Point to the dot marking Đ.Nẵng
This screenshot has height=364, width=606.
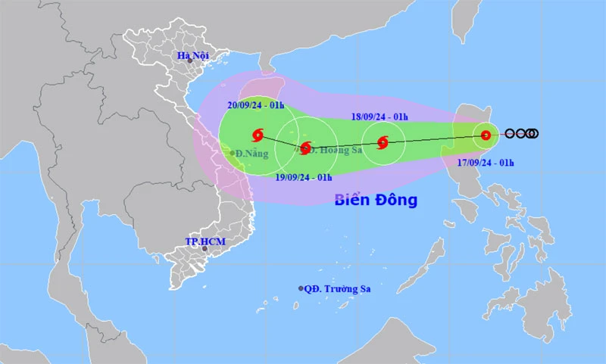click(233, 153)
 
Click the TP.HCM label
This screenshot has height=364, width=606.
click(205, 241)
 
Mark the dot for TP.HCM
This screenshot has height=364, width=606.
click(205, 248)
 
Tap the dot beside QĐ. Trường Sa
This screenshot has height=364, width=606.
click(301, 288)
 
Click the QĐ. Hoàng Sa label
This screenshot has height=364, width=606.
click(333, 150)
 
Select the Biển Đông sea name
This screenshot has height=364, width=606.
click(376, 201)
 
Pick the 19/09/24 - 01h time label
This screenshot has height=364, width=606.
click(304, 176)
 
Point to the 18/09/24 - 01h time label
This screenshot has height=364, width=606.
click(380, 117)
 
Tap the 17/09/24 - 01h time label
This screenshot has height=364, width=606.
click(486, 162)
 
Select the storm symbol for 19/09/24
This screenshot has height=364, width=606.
click(305, 148)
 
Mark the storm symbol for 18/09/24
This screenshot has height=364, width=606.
click(383, 142)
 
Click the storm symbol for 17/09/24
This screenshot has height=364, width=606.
click(486, 135)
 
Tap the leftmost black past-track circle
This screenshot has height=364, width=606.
click(510, 134)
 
